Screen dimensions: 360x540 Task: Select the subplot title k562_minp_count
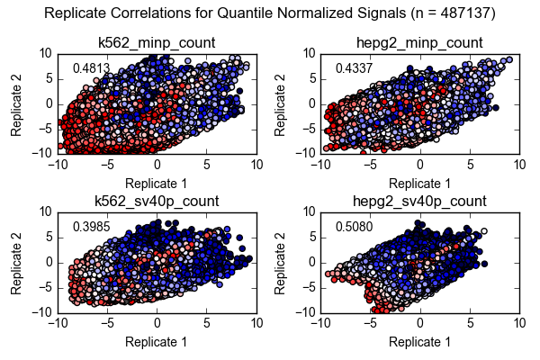click(x=157, y=42)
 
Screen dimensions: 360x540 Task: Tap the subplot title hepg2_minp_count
click(x=418, y=42)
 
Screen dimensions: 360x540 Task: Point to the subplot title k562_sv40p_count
click(x=157, y=201)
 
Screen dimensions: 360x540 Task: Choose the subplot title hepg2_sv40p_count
click(x=418, y=201)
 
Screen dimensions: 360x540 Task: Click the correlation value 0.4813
click(x=91, y=68)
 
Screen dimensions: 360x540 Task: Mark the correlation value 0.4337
click(x=354, y=68)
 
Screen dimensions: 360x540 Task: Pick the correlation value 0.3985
click(x=91, y=227)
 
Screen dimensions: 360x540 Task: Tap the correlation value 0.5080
click(x=354, y=227)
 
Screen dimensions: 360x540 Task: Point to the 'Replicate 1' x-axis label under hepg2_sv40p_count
click(x=418, y=342)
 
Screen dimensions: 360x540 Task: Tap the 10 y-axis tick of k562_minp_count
click(x=45, y=53)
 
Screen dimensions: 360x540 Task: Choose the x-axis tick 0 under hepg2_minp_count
click(x=418, y=165)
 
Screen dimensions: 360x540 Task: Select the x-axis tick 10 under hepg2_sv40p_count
click(x=518, y=324)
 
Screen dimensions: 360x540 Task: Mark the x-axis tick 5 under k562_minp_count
click(x=207, y=165)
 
